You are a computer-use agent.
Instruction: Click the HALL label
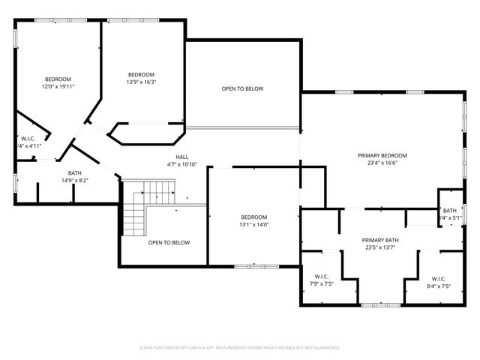point(181,157)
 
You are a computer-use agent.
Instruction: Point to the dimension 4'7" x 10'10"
point(181,164)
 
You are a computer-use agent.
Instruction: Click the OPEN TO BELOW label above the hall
point(242,89)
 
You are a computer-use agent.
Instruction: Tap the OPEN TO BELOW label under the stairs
point(169,242)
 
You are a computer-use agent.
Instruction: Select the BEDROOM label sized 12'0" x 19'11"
point(58,79)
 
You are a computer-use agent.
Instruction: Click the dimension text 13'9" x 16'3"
point(141,82)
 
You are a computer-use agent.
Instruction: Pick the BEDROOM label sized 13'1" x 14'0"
point(253,217)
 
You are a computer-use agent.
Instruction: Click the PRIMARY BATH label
point(380,240)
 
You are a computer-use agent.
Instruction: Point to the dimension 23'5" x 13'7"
point(380,247)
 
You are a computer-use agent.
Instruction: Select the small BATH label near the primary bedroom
point(449,211)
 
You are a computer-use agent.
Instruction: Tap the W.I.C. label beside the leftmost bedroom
point(28,138)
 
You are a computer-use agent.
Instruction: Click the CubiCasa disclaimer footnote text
point(240,348)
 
